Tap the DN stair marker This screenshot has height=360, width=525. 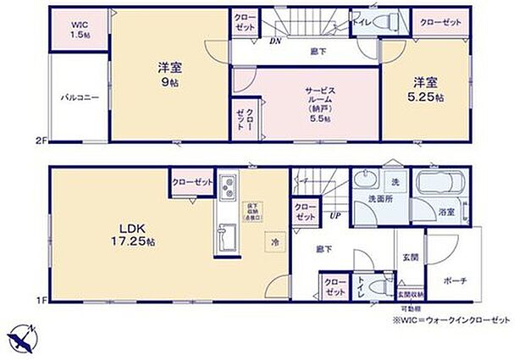pos(274,40)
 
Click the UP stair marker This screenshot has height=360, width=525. pos(335,215)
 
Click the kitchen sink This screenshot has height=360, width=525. pos(227,235)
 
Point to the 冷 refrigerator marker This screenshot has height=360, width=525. pos(275,240)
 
